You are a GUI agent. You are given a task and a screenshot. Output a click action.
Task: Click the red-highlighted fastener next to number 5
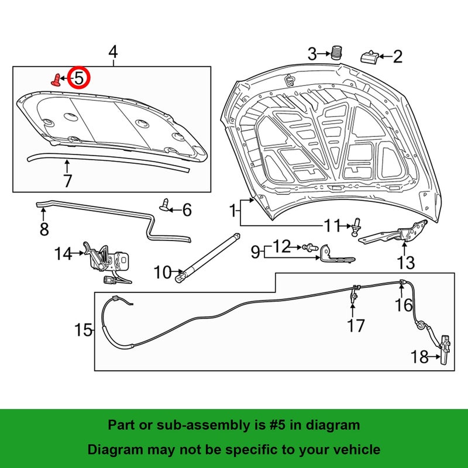pyautogui.click(x=56, y=80)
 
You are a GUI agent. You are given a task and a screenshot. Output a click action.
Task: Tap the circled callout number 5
pyautogui.click(x=78, y=78)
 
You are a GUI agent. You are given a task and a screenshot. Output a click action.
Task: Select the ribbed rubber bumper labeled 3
pyautogui.click(x=337, y=53)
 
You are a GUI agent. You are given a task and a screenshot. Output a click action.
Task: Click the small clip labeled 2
pyautogui.click(x=370, y=57)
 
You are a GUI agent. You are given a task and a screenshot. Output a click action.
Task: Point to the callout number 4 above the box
pyautogui.click(x=113, y=52)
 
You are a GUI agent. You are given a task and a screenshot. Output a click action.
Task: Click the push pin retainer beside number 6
pyautogui.click(x=164, y=205)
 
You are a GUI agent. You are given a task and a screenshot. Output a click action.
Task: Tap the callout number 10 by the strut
pyautogui.click(x=163, y=272)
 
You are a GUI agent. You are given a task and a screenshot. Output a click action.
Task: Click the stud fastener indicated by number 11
pyautogui.click(x=356, y=227)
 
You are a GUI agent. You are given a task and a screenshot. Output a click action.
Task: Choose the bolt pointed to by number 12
pyautogui.click(x=310, y=247)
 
